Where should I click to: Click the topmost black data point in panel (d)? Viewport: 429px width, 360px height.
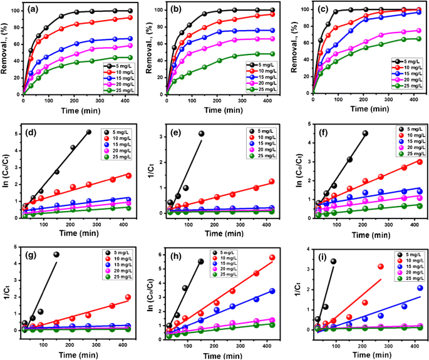pyautogui.click(x=88, y=132)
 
